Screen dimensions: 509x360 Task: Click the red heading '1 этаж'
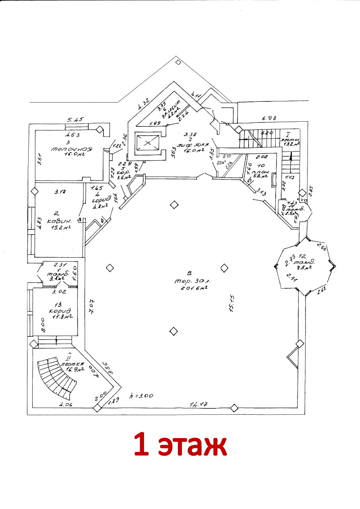pos(180,445)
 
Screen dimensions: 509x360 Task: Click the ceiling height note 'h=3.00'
pos(142,396)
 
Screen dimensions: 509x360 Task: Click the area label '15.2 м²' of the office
pos(61,227)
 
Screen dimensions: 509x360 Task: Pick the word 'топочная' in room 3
pos(71,149)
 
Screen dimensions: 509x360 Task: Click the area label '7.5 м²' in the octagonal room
pos(304,268)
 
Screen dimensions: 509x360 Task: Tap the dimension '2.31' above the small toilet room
pos(59,264)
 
